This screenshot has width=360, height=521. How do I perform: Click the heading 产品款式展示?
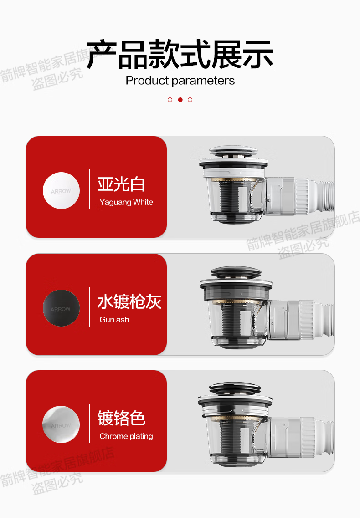180,54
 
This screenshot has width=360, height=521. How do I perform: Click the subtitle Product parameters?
180,81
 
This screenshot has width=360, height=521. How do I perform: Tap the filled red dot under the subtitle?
180,100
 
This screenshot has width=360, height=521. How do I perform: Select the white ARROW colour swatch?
61,190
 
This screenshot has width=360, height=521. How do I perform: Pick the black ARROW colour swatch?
61,308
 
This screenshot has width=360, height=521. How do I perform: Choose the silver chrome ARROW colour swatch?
61,424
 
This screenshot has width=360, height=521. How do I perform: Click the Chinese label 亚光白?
121,184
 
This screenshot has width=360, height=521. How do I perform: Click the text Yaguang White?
126,202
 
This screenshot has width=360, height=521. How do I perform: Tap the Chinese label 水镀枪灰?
129,301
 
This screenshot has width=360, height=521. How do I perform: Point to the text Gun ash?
114,320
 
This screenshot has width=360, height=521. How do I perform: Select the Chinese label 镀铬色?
121,418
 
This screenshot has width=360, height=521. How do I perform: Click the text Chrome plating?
126,436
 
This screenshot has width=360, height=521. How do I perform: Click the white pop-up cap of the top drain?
233,151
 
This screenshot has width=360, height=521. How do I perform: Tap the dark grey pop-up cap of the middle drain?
236,272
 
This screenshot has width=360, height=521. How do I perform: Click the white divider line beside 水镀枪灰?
90,306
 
